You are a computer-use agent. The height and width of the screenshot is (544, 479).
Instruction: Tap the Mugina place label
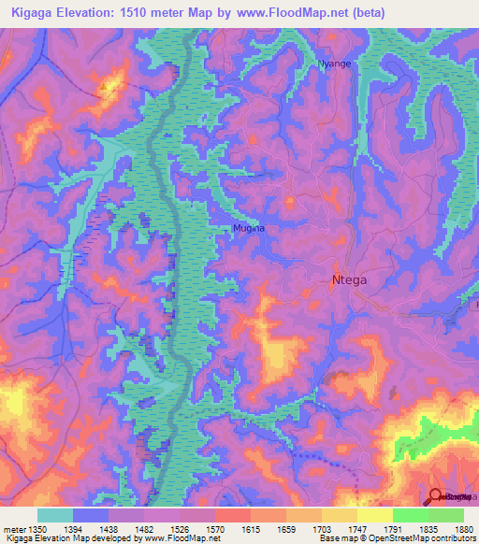249,228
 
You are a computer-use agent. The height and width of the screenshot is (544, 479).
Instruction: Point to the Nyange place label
335,64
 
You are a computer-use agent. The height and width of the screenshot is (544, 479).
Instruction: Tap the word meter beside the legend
14,529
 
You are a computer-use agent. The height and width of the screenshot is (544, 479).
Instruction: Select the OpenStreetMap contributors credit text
421,538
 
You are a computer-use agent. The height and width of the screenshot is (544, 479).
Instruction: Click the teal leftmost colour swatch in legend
55,515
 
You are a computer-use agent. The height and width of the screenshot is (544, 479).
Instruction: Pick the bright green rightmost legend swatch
446,515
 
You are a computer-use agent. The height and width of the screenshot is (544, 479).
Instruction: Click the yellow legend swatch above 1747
340,515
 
